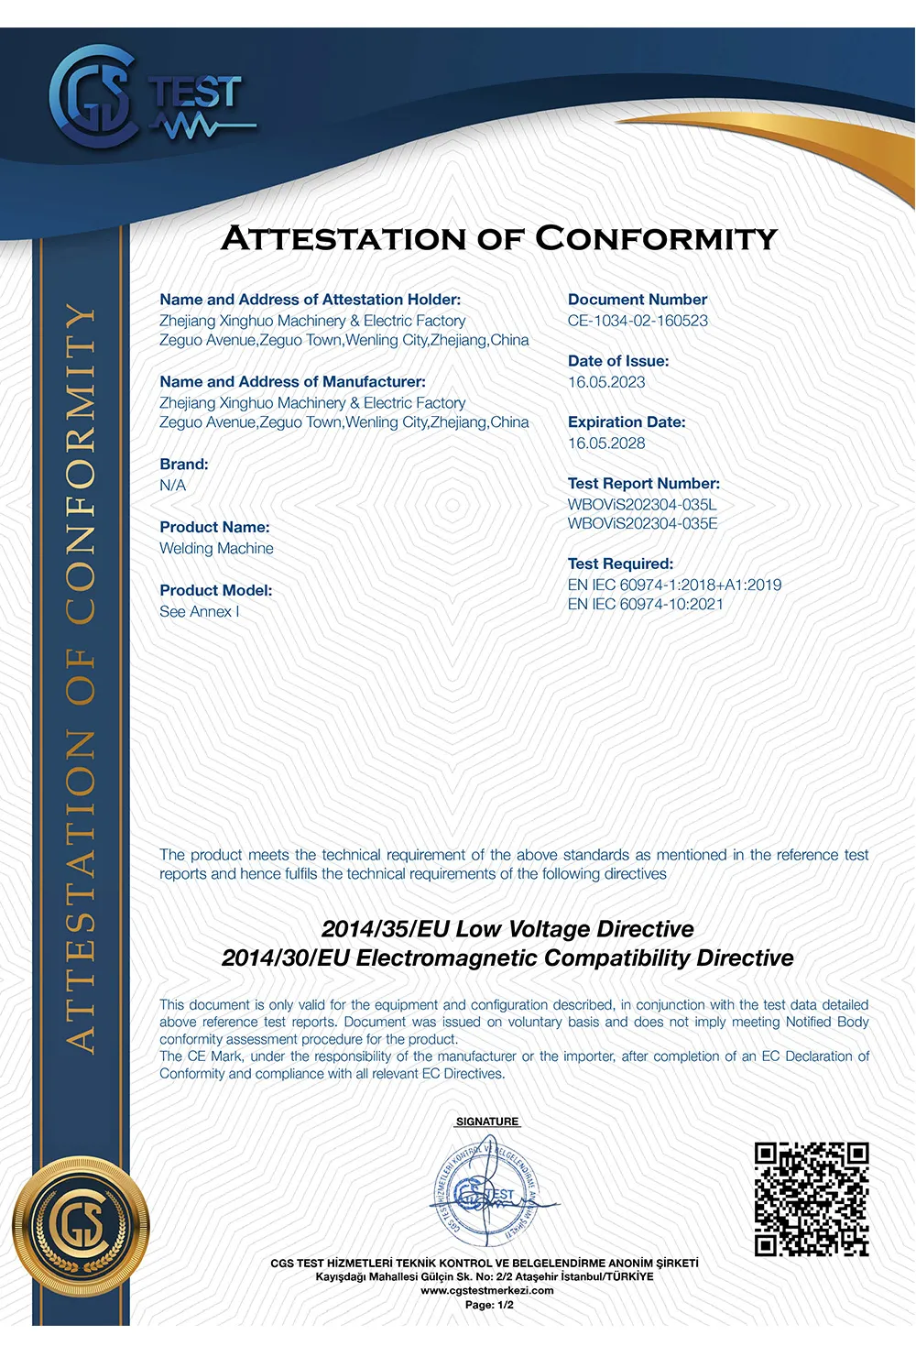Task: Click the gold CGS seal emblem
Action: coord(81,1225)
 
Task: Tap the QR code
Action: coord(811,1198)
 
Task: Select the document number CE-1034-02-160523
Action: coord(638,321)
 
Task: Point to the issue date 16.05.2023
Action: coord(606,382)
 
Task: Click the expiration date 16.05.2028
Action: coord(606,443)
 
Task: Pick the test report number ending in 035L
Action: coord(642,505)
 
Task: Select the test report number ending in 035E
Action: coord(642,524)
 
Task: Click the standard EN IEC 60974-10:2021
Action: coord(645,605)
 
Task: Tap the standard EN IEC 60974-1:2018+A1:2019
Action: coord(674,585)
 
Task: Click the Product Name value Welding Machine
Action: coord(216,549)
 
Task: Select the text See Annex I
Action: coord(200,612)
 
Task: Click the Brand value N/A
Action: coord(172,486)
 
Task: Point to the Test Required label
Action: coord(620,564)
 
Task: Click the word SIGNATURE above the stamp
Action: coord(487,1122)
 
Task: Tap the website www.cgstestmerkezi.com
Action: coord(487,1290)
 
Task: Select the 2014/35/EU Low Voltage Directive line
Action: coord(507,929)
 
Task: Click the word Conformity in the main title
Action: coord(656,239)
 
